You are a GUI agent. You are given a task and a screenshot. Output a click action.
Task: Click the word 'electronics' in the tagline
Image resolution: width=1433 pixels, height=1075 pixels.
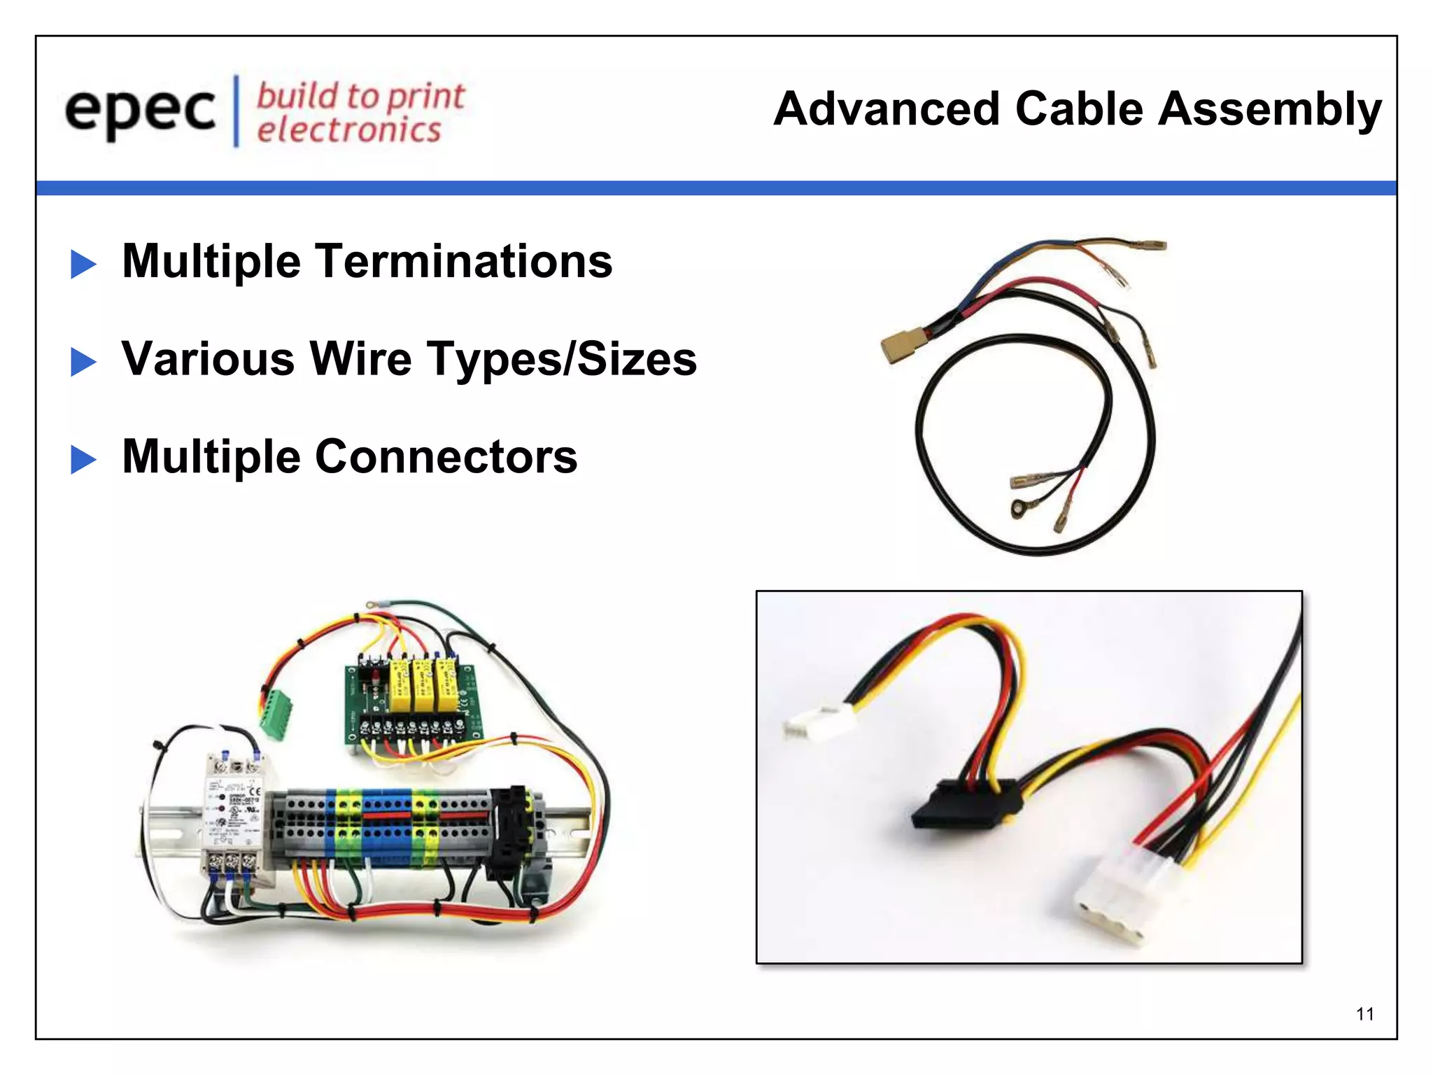[348, 130]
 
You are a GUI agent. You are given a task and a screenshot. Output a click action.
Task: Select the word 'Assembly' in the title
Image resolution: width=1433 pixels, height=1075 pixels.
[1269, 110]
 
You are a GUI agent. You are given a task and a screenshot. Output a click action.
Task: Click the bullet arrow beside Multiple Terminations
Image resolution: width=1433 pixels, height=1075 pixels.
[83, 264]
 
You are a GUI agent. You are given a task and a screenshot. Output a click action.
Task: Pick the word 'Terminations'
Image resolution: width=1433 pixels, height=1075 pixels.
[465, 261]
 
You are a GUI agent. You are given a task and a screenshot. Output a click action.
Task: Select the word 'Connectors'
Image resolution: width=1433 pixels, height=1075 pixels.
[446, 457]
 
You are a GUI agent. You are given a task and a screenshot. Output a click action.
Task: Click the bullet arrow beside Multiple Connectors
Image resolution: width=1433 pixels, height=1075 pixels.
[83, 460]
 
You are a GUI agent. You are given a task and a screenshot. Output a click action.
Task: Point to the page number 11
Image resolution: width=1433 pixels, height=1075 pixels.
[1364, 1014]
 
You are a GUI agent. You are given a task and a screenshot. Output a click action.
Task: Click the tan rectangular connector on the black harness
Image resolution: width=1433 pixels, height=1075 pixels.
[901, 346]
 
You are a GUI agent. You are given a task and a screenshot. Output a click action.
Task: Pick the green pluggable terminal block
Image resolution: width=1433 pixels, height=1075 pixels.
[275, 712]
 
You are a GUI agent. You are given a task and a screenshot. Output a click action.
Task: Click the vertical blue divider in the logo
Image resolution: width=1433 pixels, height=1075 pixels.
[236, 111]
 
